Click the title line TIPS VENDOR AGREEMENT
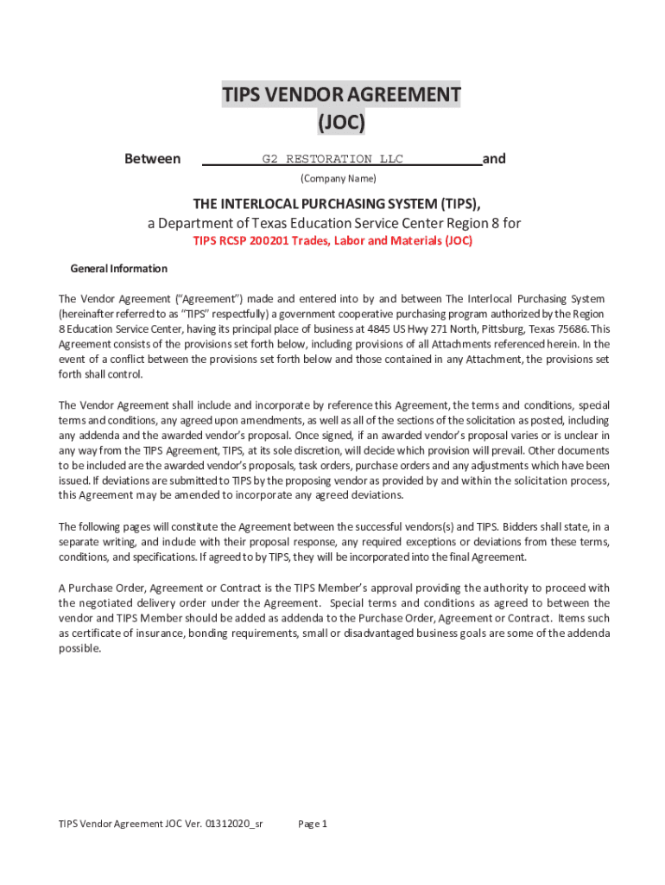tap(341, 94)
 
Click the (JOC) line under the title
tap(341, 123)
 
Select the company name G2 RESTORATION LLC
tap(332, 159)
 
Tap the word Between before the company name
tap(153, 159)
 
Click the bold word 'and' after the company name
tap(494, 159)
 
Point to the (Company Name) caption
tap(339, 179)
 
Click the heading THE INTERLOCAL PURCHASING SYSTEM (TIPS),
tap(337, 204)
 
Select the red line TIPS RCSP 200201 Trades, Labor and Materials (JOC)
tap(332, 241)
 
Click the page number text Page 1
tap(313, 824)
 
